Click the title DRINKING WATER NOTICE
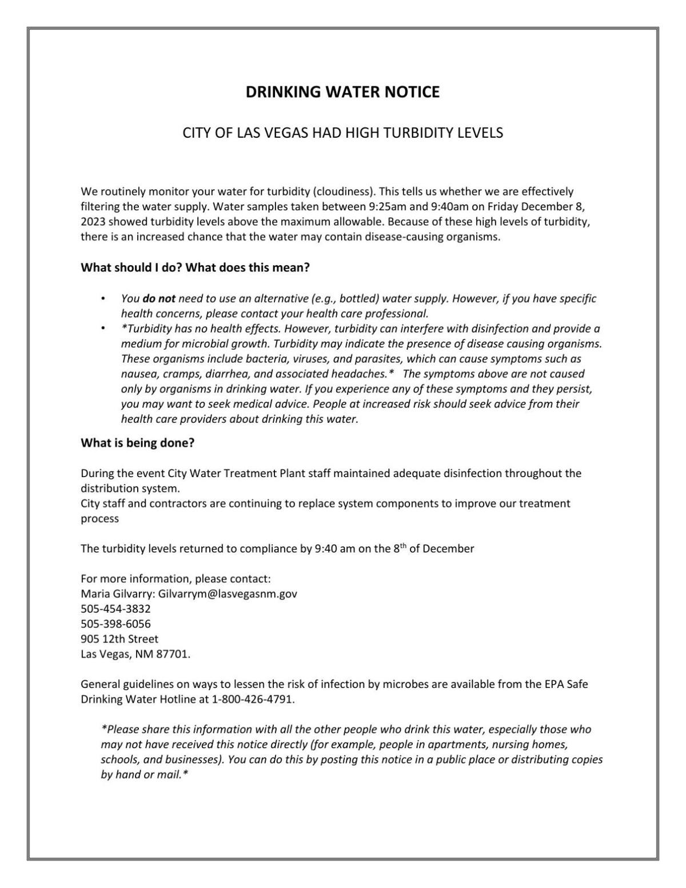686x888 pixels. click(x=342, y=92)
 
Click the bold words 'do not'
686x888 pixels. click(x=159, y=298)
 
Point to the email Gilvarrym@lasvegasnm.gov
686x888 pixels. click(x=228, y=594)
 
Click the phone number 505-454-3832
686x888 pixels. click(x=115, y=609)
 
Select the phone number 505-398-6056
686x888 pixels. click(x=115, y=623)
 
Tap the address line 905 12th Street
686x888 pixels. click(x=119, y=639)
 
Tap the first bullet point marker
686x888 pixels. click(x=103, y=298)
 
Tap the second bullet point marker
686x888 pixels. click(x=103, y=329)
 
